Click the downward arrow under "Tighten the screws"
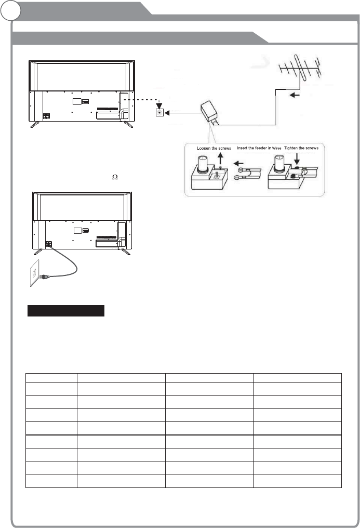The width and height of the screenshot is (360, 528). (x=298, y=157)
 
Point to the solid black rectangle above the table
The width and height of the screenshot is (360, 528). (x=66, y=311)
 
